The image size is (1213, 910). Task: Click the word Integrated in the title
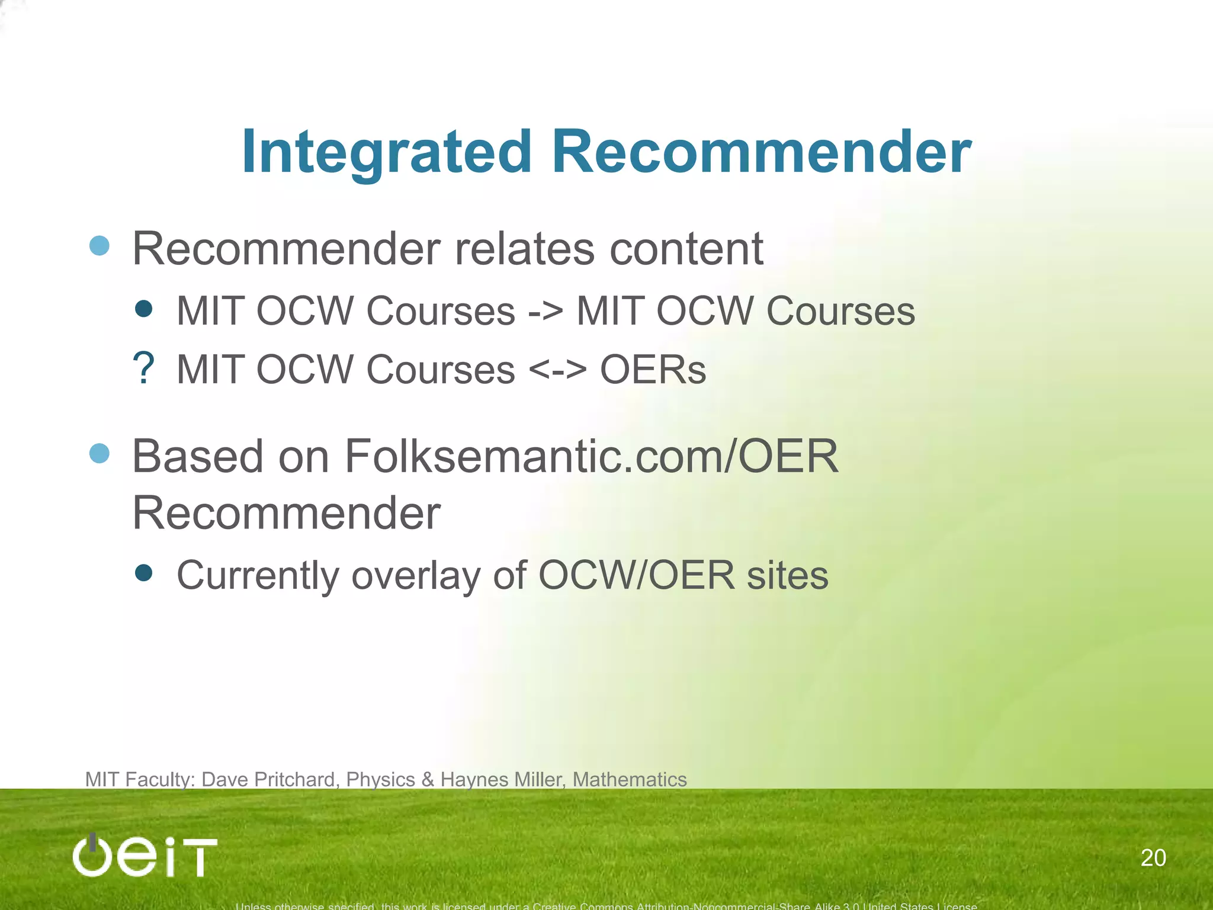387,152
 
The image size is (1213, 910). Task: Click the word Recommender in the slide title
761,152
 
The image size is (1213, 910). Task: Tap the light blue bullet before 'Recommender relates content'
100,246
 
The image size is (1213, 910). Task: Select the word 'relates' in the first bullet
524,249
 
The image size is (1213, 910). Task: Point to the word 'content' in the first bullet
686,249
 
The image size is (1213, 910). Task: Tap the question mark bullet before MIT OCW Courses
143,369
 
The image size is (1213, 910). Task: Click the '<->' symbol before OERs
557,370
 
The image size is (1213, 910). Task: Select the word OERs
653,370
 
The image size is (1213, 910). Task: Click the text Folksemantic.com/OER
591,457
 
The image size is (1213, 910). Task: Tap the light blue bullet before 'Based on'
100,454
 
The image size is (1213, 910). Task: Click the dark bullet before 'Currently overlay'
143,573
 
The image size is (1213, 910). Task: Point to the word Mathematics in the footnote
630,780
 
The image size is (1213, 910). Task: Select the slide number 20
1153,858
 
